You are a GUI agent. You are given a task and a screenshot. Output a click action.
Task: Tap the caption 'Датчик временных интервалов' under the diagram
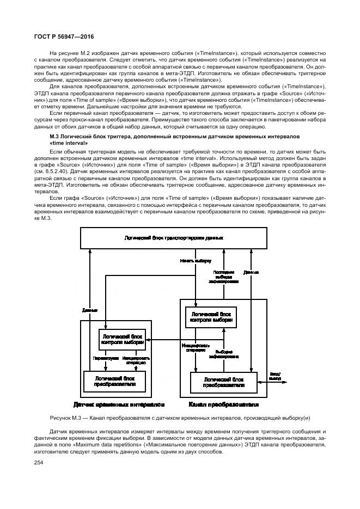[x=119, y=405]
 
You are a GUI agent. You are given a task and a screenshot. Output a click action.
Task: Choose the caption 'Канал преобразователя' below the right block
[x=223, y=404]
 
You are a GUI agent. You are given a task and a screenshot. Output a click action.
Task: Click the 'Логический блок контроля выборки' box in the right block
[x=211, y=318]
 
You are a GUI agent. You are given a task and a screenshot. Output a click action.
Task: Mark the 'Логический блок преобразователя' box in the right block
[x=224, y=381]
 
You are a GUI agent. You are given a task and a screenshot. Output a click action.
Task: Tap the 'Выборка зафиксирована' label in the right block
[x=224, y=354]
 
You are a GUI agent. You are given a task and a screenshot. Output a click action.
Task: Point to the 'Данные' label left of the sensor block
[x=90, y=311]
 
